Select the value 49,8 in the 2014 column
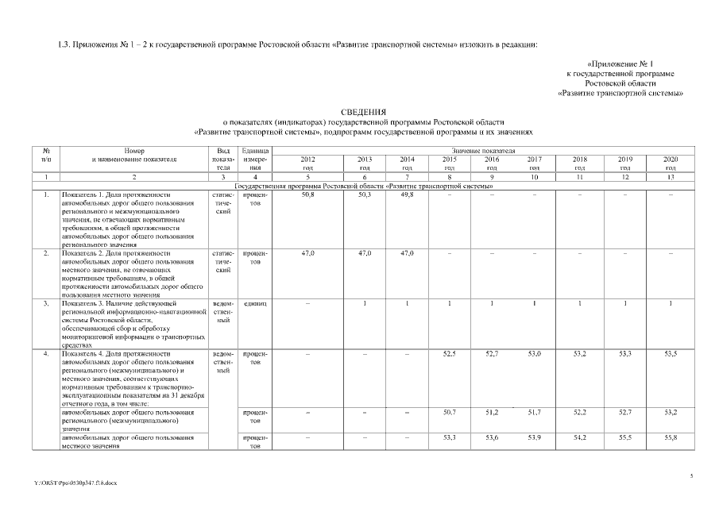pyautogui.click(x=407, y=194)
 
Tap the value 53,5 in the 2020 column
pyautogui.click(x=671, y=353)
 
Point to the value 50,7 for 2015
pyautogui.click(x=449, y=411)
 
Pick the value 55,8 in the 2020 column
pyautogui.click(x=671, y=437)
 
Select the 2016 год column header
pyautogui.click(x=492, y=164)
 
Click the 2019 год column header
pyautogui.click(x=625, y=164)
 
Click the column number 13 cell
pyautogui.click(x=671, y=177)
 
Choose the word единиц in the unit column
pyautogui.click(x=255, y=302)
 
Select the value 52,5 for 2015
pyautogui.click(x=449, y=353)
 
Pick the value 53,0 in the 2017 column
pyautogui.click(x=534, y=353)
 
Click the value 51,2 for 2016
pyautogui.click(x=492, y=411)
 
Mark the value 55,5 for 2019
pyautogui.click(x=625, y=437)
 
